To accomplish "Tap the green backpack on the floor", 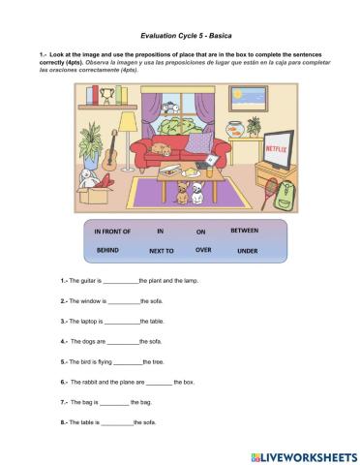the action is pyautogui.click(x=283, y=197).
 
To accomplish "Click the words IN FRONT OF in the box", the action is pyautogui.click(x=112, y=232).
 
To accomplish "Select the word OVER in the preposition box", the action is pyautogui.click(x=202, y=249).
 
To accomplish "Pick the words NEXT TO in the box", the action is pyautogui.click(x=162, y=250).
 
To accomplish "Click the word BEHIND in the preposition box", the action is pyautogui.click(x=107, y=249).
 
